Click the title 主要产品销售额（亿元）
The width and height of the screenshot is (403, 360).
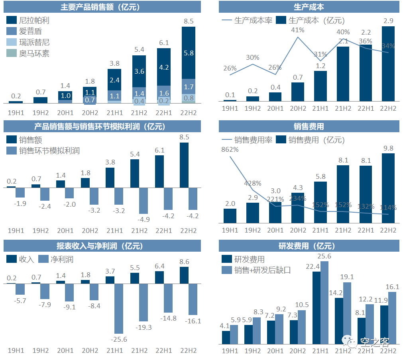coord(102,7)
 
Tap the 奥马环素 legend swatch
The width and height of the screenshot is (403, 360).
coord(12,53)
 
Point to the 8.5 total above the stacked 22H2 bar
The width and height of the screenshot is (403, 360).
coord(189,21)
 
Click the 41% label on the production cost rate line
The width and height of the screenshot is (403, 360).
coord(298,29)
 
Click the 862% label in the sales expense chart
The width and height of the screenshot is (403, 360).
coord(230,150)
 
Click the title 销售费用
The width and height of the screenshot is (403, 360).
coord(309,127)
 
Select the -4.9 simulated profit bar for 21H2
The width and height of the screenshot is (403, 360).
coord(144,201)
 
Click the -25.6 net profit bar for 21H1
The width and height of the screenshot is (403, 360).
coord(119,308)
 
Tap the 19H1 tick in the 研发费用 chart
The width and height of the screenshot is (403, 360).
coord(230,350)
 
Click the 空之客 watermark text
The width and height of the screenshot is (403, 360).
coord(374,342)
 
